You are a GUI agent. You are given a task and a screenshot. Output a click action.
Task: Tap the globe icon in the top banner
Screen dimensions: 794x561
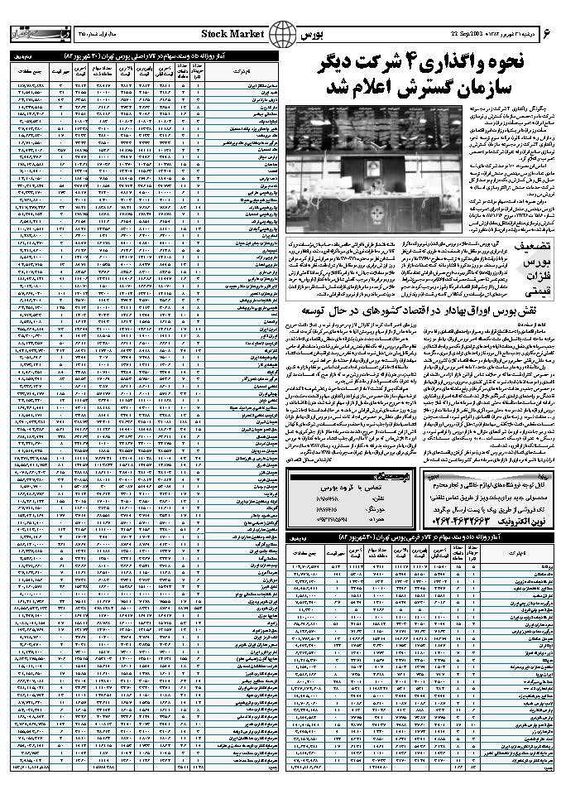pyautogui.click(x=284, y=34)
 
